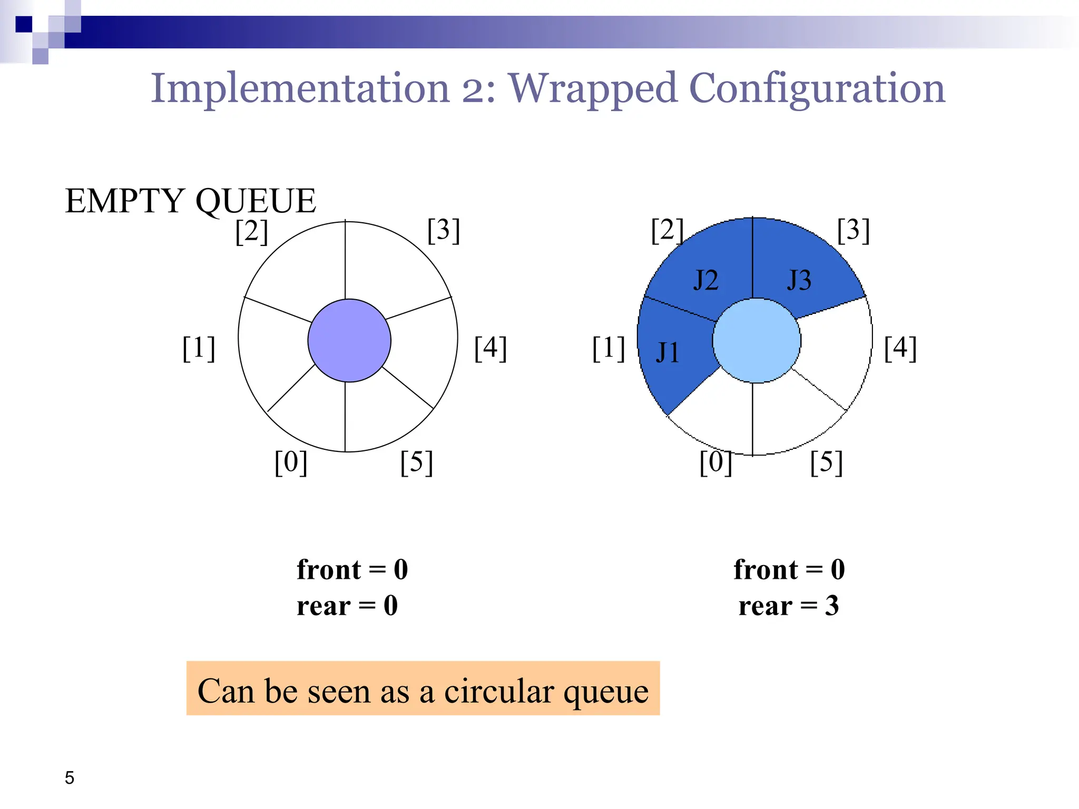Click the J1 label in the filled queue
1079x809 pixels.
click(667, 352)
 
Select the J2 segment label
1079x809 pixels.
click(705, 280)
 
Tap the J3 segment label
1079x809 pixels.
click(799, 280)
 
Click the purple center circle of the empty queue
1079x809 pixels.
click(349, 341)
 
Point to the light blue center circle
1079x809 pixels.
click(757, 341)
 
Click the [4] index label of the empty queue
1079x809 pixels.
click(491, 348)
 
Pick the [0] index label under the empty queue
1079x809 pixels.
click(291, 462)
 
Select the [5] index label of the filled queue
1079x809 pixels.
click(826, 462)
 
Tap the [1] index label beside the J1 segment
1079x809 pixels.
click(609, 348)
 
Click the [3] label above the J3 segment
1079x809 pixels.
click(854, 230)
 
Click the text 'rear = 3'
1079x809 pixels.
click(789, 606)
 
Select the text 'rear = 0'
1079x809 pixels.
click(347, 606)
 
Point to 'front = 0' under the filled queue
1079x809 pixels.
click(789, 570)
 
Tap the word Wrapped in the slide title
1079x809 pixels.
click(592, 88)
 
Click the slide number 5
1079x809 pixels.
click(70, 777)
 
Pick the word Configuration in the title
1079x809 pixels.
click(817, 88)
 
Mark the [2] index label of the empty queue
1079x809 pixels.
click(252, 231)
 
